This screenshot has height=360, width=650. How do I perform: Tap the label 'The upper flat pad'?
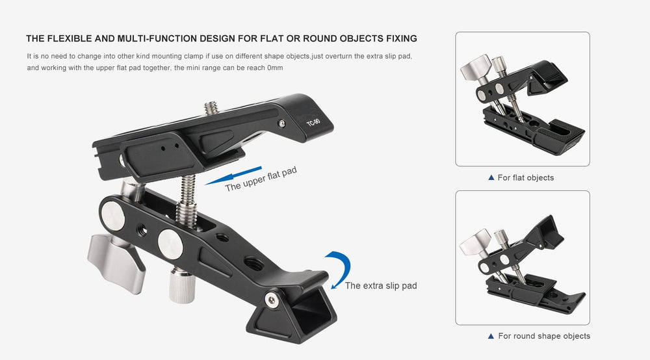[x=261, y=179]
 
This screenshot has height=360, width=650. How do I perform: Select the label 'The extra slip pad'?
[x=381, y=286]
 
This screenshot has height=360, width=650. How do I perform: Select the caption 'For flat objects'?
[x=525, y=177]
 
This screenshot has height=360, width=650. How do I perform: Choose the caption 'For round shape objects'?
[x=544, y=336]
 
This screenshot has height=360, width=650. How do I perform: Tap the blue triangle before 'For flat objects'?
[x=491, y=177]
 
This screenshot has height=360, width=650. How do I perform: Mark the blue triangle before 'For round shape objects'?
[x=491, y=336]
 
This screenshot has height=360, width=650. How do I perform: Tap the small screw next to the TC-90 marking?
[x=281, y=123]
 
